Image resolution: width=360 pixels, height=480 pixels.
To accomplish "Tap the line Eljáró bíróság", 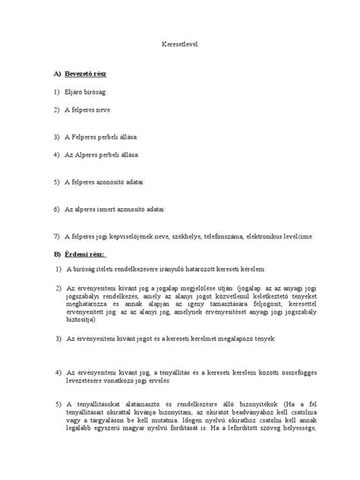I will coord(85,93).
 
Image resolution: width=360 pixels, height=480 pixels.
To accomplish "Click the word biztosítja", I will coord(84,320).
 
